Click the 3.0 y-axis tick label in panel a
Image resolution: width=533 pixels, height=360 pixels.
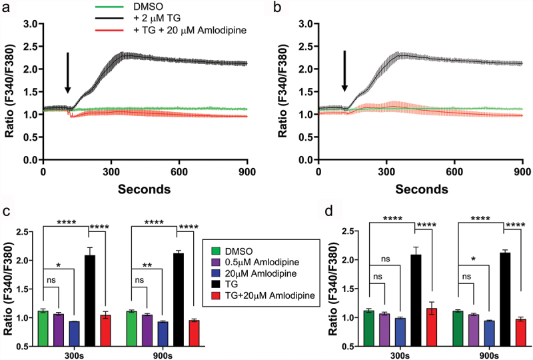coord(28,24)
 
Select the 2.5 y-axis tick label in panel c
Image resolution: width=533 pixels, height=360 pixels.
coord(24,232)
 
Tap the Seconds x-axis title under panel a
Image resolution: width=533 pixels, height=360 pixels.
coord(145,189)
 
